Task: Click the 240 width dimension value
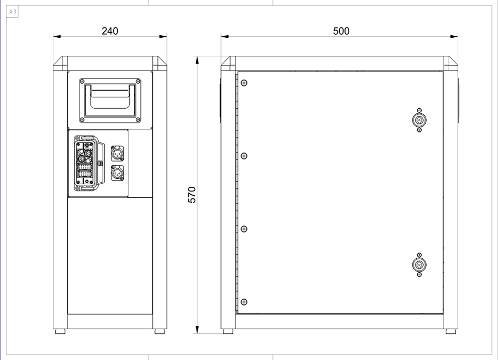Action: (110, 31)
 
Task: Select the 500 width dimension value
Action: (341, 31)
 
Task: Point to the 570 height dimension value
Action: (192, 195)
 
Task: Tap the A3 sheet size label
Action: (13, 12)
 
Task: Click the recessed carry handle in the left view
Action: (110, 101)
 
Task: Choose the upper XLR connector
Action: (117, 153)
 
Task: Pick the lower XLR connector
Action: (117, 173)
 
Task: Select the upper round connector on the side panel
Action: (419, 120)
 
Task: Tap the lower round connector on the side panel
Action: (419, 265)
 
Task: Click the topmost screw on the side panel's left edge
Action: (244, 83)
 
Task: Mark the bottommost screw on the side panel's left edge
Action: (244, 302)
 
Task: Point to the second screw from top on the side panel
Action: (244, 156)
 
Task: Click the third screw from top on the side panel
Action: (244, 229)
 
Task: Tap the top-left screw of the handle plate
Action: (82, 82)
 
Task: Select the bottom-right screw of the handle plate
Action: (138, 120)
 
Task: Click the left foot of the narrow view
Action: (60, 331)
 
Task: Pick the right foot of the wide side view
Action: (451, 331)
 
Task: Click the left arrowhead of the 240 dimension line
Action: (57, 37)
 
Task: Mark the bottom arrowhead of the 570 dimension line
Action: (197, 330)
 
